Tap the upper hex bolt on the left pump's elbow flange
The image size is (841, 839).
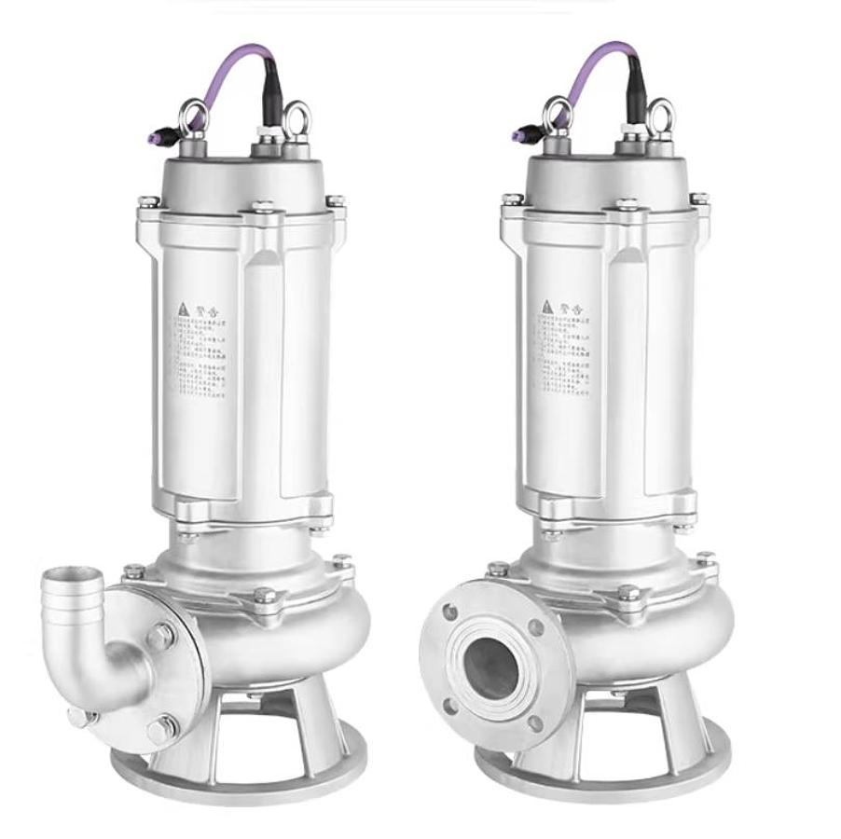[x=160, y=636]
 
